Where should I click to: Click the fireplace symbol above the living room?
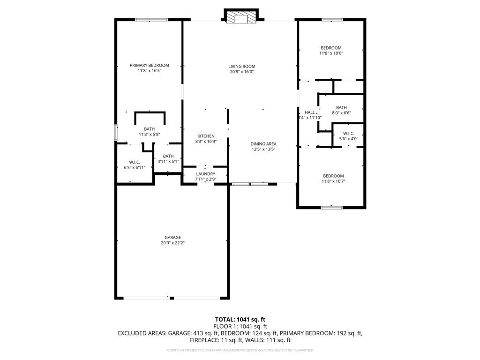(x=241, y=18)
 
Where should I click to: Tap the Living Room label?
(x=241, y=67)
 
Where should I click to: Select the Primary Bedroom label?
(x=149, y=65)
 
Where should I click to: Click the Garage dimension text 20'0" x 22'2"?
(x=172, y=243)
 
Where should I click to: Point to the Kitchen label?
(x=205, y=136)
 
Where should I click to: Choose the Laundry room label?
(x=205, y=174)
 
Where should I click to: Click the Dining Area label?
(x=262, y=144)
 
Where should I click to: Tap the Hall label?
(x=310, y=112)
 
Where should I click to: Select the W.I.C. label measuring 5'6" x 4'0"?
(x=348, y=133)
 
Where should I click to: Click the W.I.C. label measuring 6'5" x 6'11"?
(x=135, y=162)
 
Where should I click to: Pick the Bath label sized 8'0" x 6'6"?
(x=341, y=108)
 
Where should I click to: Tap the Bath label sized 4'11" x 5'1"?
(x=168, y=156)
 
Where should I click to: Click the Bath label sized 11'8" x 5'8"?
(x=149, y=129)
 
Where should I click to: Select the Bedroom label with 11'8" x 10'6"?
(x=331, y=48)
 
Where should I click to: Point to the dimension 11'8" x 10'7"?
(x=333, y=181)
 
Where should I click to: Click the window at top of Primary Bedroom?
(x=151, y=20)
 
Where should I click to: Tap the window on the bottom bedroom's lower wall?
(x=332, y=207)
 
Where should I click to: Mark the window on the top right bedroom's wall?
(x=332, y=20)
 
